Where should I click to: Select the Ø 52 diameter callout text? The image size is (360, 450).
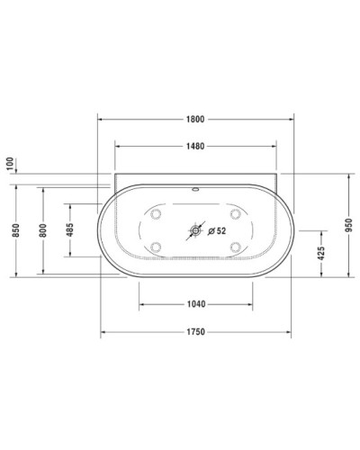pos(216,230)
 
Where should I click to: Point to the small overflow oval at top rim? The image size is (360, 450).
pos(195,191)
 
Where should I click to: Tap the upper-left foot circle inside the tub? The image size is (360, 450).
pos(157,214)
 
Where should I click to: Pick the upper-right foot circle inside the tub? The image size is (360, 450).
pos(236,214)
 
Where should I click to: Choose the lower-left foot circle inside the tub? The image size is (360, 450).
pos(157,247)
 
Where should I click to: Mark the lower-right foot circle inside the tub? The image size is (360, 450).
pos(236,247)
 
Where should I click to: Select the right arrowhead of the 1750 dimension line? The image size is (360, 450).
pos(291,332)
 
